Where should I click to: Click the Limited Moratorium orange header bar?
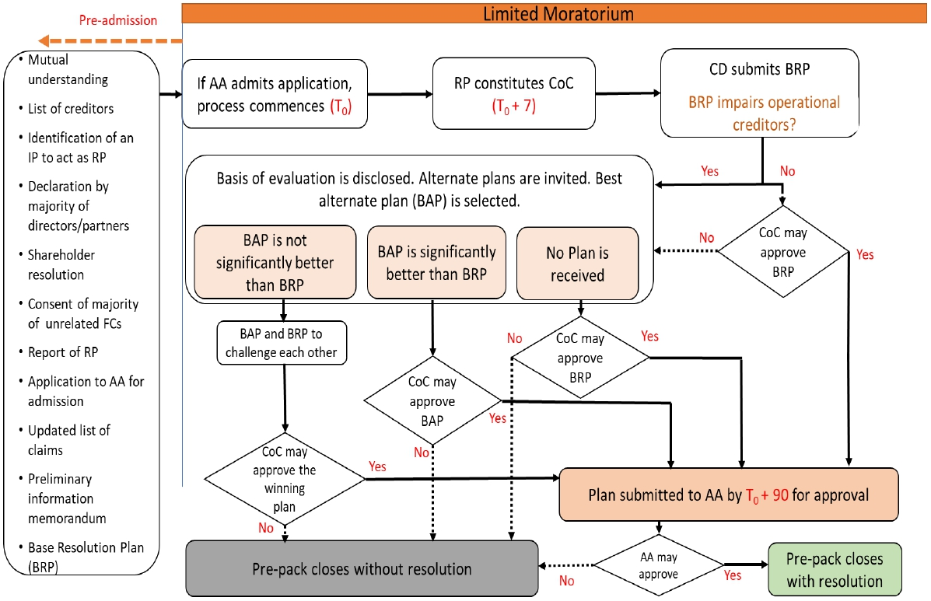[x=556, y=13]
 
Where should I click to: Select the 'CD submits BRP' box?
[x=759, y=93]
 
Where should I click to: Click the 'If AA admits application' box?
[x=275, y=93]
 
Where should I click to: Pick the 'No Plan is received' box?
[x=577, y=262]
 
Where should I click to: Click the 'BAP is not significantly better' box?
[x=275, y=262]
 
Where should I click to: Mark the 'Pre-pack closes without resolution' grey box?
[x=362, y=569]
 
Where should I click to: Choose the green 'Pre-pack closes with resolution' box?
[x=834, y=570]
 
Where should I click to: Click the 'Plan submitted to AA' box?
[x=728, y=494]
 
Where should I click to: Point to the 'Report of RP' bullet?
[x=63, y=352]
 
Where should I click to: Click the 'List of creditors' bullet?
[x=71, y=108]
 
